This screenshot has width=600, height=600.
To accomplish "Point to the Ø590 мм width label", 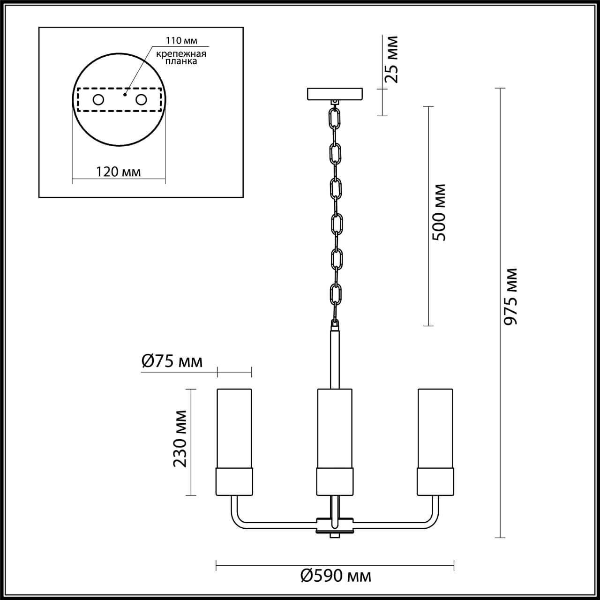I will (335, 575).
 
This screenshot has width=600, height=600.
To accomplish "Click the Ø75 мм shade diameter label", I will (172, 361).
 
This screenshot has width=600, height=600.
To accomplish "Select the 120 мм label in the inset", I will (118, 172).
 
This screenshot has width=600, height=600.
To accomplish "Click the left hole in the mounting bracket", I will (98, 100).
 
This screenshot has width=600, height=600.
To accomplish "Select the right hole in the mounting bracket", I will (141, 100).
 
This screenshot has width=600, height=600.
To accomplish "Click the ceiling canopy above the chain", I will (335, 94).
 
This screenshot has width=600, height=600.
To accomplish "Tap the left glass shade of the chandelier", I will (234, 427).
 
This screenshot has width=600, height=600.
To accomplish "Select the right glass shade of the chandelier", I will (435, 427).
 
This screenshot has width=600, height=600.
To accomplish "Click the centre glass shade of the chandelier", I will (335, 427).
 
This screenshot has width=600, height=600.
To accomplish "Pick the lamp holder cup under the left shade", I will (234, 481).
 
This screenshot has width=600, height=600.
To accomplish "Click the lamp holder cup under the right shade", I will (435, 481).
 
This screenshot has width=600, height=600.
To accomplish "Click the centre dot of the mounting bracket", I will (124, 94).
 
